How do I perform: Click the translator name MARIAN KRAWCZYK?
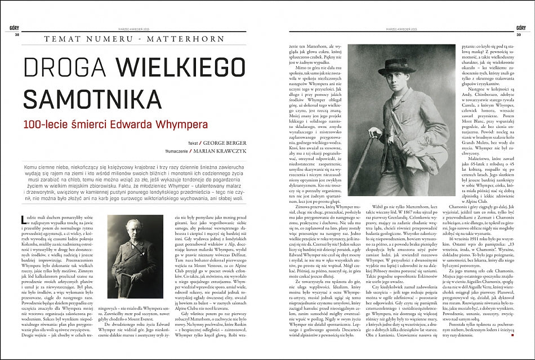click(224, 152)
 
